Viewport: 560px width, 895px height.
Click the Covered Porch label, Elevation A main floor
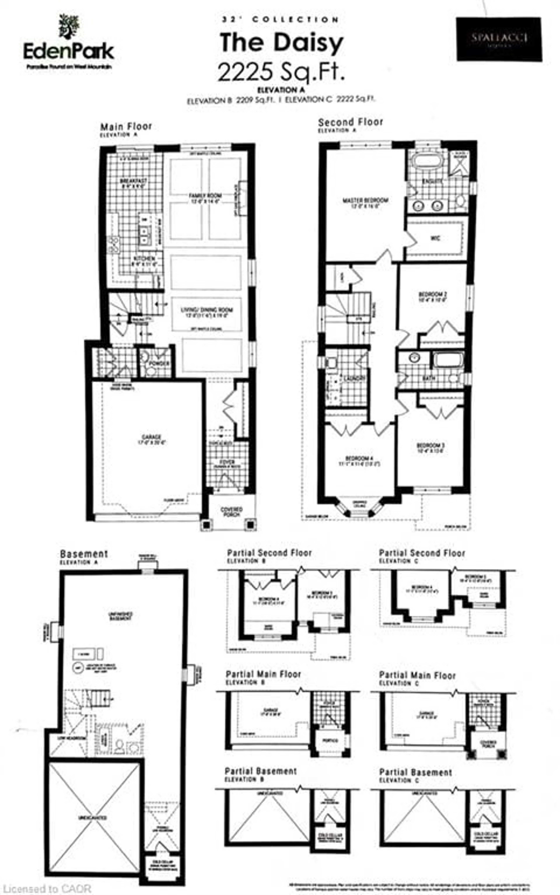(231, 512)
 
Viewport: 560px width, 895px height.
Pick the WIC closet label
(436, 238)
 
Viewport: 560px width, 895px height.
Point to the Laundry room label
(354, 378)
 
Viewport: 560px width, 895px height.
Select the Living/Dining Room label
(207, 312)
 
